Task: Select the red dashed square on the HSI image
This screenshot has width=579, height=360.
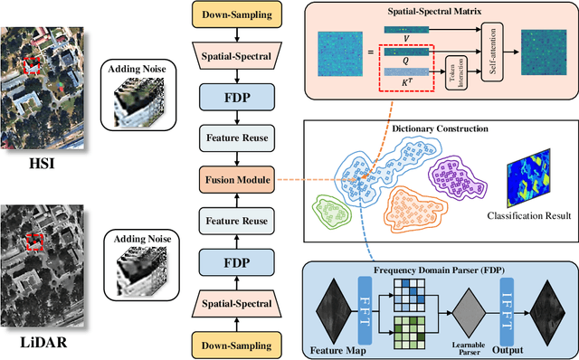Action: tap(32, 66)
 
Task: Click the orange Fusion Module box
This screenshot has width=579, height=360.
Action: tap(234, 180)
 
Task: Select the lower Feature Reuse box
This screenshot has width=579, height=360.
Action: tap(234, 221)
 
